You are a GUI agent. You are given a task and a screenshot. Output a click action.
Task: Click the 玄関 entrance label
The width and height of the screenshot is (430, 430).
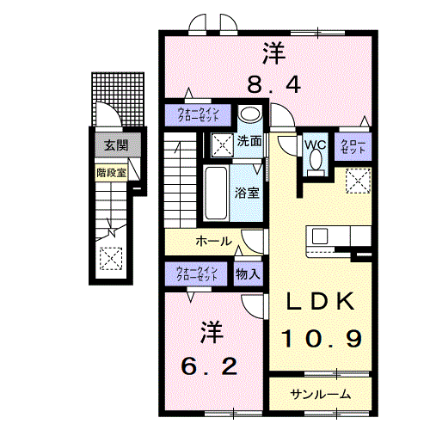112,145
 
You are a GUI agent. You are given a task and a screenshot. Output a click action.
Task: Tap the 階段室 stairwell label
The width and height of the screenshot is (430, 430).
111,171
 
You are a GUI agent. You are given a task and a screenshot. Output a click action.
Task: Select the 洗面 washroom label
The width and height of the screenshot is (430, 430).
250,141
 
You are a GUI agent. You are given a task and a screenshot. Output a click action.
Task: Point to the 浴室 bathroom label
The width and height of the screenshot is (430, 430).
248,193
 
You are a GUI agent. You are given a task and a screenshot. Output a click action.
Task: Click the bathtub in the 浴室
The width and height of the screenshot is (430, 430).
217,193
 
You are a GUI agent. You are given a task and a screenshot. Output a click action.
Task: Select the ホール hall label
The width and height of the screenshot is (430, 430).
213,242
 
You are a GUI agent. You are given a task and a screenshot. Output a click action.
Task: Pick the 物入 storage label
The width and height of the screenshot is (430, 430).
248,274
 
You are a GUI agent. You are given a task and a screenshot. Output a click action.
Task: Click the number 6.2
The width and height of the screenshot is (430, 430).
207,366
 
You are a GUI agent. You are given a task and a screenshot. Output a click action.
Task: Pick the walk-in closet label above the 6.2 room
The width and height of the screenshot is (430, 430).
197,274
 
